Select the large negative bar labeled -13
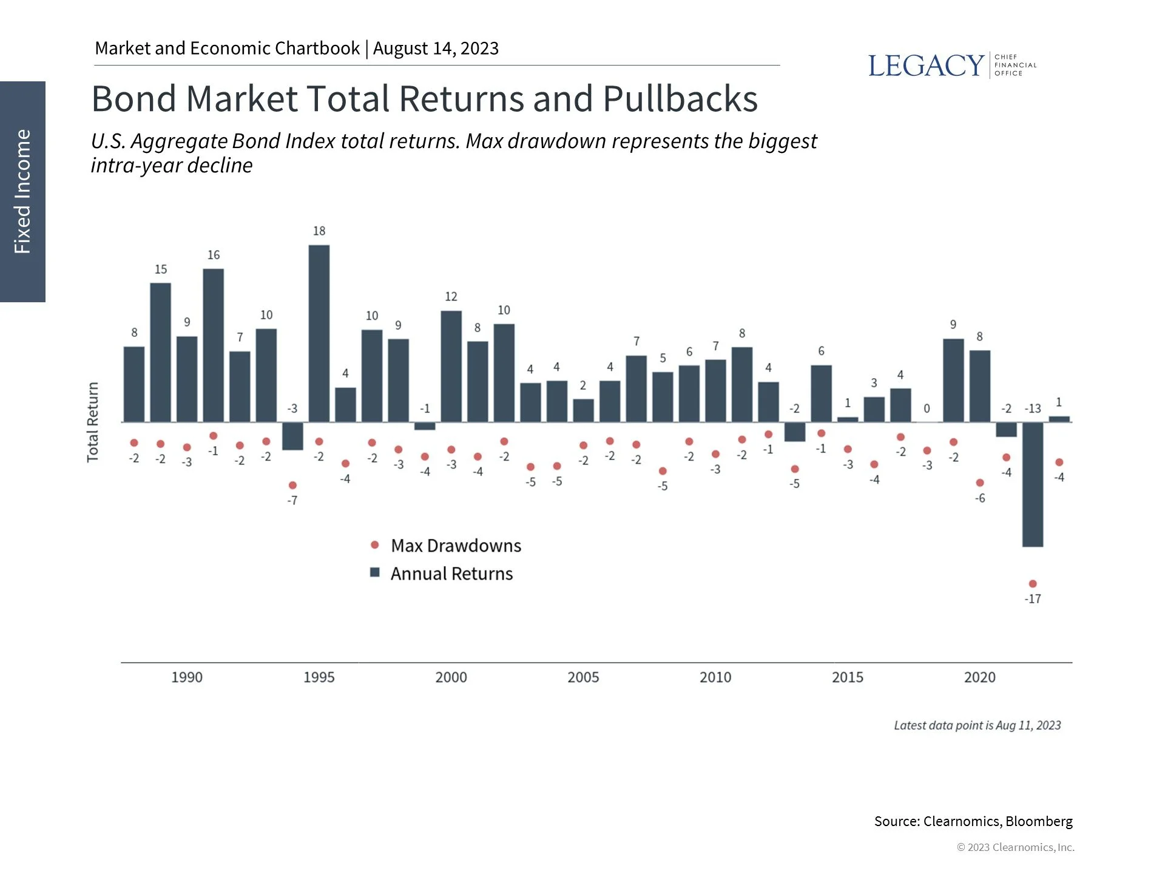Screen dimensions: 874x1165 1032,484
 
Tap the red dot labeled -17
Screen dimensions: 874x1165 1033,583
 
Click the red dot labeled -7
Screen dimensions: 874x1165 292,485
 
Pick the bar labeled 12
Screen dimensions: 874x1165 451,366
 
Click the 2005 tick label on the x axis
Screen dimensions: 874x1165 582,677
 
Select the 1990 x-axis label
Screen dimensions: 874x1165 186,677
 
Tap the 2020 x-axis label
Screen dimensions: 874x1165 979,677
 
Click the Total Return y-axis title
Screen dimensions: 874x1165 92,422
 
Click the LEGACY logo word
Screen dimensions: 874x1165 925,66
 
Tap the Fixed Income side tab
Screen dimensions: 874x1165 22,191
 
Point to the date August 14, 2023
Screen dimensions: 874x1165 435,48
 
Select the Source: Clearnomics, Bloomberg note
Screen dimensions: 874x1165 973,821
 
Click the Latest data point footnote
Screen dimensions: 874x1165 977,725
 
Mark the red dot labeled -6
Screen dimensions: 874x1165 980,483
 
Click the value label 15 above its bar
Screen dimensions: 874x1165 160,269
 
